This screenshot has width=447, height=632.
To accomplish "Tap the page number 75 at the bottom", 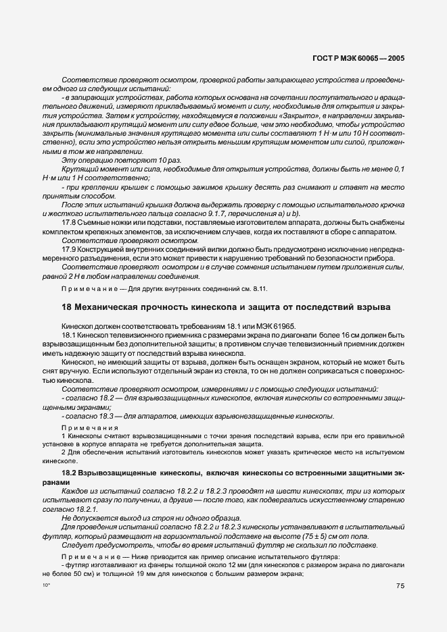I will [x=400, y=586].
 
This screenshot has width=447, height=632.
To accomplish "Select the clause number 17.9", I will [x=70, y=249].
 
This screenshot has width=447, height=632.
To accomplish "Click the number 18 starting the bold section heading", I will [x=66, y=308].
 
